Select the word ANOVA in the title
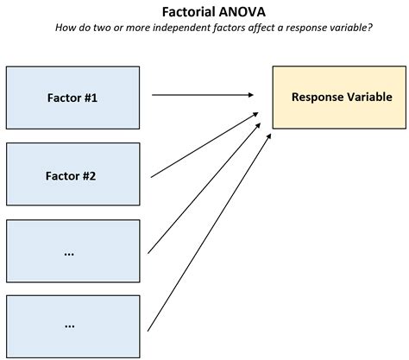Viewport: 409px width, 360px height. (x=239, y=11)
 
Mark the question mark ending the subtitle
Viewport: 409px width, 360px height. (x=370, y=28)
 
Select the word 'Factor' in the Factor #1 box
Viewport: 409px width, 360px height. (x=63, y=98)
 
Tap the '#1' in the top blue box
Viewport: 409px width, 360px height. (x=91, y=98)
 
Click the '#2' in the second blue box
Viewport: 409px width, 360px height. (x=91, y=176)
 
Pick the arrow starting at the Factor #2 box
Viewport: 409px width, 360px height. (x=204, y=145)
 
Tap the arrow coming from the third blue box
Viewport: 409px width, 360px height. (x=203, y=190)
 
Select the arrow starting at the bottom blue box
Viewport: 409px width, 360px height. (x=207, y=233)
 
